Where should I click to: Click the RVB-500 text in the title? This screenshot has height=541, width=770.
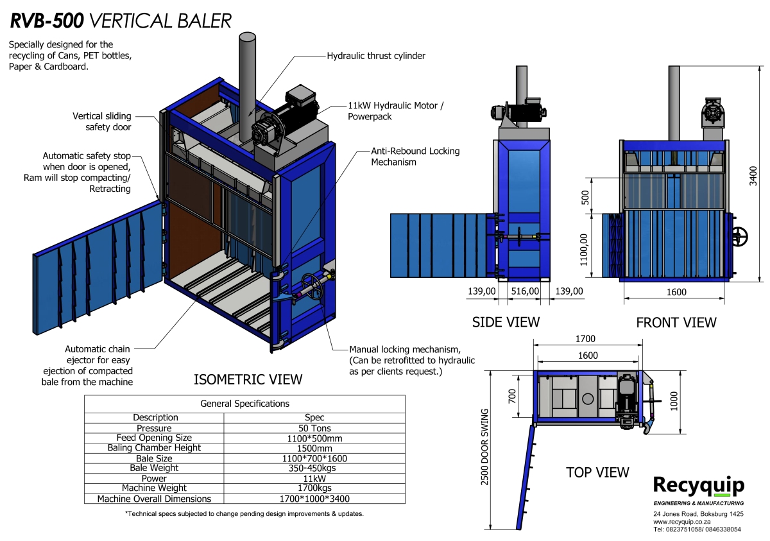pyautogui.click(x=46, y=21)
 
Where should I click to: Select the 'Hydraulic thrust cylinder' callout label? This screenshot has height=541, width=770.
pyautogui.click(x=376, y=56)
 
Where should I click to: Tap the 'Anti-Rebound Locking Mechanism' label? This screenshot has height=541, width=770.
pyautogui.click(x=415, y=157)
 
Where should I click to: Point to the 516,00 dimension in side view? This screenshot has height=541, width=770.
pyautogui.click(x=525, y=291)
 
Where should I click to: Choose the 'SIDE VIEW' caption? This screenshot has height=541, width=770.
pyautogui.click(x=506, y=322)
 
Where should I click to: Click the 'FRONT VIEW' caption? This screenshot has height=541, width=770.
pyautogui.click(x=676, y=323)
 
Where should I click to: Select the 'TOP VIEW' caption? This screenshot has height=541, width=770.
pyautogui.click(x=597, y=472)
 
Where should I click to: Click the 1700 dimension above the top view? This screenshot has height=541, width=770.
pyautogui.click(x=585, y=339)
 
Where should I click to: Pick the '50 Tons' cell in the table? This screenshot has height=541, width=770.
pyautogui.click(x=314, y=428)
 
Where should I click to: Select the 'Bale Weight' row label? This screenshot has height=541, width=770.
pyautogui.click(x=154, y=468)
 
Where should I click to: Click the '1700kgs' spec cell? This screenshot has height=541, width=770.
pyautogui.click(x=314, y=488)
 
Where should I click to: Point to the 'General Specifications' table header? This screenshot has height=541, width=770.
pyautogui.click(x=244, y=404)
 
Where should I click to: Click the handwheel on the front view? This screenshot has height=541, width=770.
pyautogui.click(x=740, y=236)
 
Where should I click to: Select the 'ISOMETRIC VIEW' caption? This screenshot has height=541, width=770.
pyautogui.click(x=248, y=379)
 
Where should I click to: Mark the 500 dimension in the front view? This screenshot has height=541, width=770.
pyautogui.click(x=585, y=196)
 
